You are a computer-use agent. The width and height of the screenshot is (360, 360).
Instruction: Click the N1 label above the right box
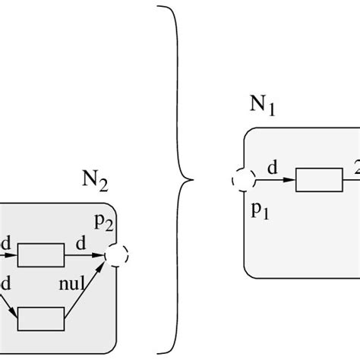[262, 103]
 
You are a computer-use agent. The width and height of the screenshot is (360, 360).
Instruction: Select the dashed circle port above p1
[243, 182]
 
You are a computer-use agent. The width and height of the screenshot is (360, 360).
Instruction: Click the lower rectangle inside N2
[41, 317]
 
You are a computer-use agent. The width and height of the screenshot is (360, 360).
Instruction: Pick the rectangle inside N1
[318, 182]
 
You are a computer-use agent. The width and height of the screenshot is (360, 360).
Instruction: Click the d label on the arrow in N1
[275, 169]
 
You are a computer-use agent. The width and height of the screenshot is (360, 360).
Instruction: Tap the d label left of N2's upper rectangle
[6, 243]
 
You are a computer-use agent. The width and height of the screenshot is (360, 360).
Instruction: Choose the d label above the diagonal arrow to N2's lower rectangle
[6, 283]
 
